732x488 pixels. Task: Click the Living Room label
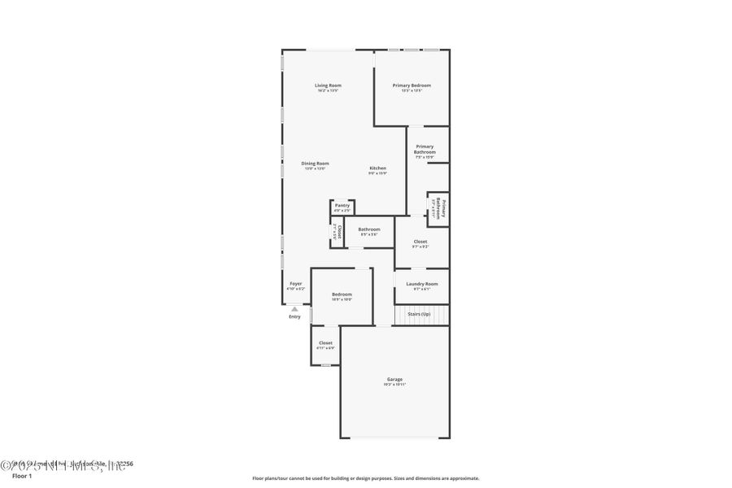[329, 85]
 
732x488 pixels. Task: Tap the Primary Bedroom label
[412, 85]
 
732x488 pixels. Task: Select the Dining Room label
[315, 163]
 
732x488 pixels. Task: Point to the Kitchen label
[377, 168]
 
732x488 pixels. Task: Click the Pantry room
[342, 207]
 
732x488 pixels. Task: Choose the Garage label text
[394, 379]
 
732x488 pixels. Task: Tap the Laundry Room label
[421, 284]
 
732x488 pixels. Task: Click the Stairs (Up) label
[419, 313]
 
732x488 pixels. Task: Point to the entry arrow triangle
[294, 309]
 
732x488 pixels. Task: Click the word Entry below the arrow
[294, 316]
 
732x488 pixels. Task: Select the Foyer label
[295, 284]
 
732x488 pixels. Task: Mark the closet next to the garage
[325, 345]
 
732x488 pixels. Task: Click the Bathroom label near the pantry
[369, 229]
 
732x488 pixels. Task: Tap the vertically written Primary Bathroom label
[438, 209]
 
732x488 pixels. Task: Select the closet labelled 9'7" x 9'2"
[420, 242]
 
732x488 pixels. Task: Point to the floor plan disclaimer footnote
[365, 478]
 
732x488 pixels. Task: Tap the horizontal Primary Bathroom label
[425, 150]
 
